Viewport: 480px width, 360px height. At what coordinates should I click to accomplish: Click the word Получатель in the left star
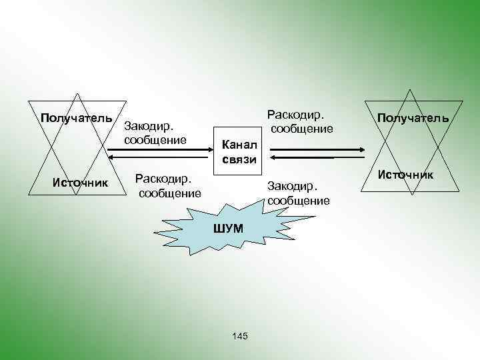click(x=77, y=119)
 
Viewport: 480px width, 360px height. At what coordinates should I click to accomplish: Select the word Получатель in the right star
click(x=413, y=118)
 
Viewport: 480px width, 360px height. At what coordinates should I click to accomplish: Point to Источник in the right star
click(x=405, y=175)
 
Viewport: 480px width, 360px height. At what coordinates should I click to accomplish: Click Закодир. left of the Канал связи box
click(x=149, y=126)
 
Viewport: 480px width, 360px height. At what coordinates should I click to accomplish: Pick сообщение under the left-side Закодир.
click(x=155, y=140)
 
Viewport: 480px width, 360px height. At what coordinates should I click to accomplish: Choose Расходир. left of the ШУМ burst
click(x=163, y=179)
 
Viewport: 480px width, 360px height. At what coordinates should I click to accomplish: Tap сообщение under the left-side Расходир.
click(x=169, y=193)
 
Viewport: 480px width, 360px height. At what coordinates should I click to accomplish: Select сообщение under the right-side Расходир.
click(x=301, y=128)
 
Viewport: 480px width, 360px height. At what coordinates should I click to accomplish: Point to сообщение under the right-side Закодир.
click(x=298, y=200)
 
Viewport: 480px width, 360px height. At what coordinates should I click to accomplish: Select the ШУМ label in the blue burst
click(x=228, y=228)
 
